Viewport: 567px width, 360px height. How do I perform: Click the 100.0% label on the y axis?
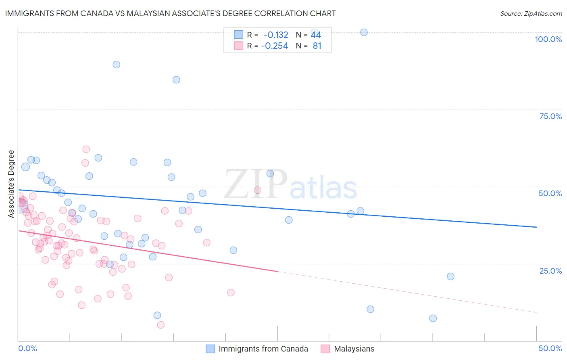548,39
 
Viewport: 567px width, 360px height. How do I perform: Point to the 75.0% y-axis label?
550,116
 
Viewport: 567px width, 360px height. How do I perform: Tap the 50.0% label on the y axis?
550,193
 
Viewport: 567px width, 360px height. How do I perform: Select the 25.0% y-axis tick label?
550,270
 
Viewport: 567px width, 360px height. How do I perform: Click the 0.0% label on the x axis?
27,348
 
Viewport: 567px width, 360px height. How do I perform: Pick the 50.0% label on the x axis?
550,348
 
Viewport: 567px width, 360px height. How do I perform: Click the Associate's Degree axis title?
11,184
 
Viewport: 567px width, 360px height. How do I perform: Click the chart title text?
170,13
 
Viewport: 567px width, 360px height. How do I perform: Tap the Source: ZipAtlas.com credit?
531,13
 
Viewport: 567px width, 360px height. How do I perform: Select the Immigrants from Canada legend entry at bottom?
263,349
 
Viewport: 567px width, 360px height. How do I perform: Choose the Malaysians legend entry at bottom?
354,349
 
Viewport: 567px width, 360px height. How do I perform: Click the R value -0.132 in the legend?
276,35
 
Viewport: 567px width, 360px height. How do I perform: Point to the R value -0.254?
275,46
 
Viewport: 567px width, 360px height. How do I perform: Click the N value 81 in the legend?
317,46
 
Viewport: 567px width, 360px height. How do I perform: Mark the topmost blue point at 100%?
364,32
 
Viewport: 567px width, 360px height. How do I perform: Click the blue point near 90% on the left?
117,65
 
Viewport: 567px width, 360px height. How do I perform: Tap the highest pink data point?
86,149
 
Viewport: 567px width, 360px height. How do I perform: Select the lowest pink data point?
161,325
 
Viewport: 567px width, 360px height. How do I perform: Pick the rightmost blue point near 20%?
450,276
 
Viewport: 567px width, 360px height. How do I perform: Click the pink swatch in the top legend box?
239,46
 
